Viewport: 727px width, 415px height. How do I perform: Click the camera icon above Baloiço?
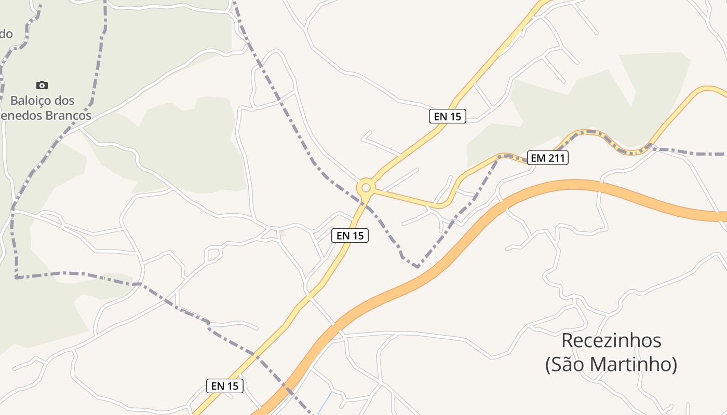click(42, 85)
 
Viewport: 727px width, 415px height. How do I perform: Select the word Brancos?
click(68, 115)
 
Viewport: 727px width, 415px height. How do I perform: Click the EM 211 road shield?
click(548, 158)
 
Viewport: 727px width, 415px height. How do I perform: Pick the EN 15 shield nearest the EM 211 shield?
click(448, 116)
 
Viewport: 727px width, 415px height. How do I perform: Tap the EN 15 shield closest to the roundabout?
click(350, 236)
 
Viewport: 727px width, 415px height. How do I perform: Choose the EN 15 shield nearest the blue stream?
click(225, 386)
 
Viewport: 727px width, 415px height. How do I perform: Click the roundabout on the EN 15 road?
click(366, 187)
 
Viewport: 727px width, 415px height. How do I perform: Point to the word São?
click(570, 364)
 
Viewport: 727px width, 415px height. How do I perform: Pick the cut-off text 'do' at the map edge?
click(6, 34)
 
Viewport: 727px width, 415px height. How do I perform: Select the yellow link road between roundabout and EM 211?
click(405, 197)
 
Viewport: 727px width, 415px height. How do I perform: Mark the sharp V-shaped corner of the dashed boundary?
click(418, 267)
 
